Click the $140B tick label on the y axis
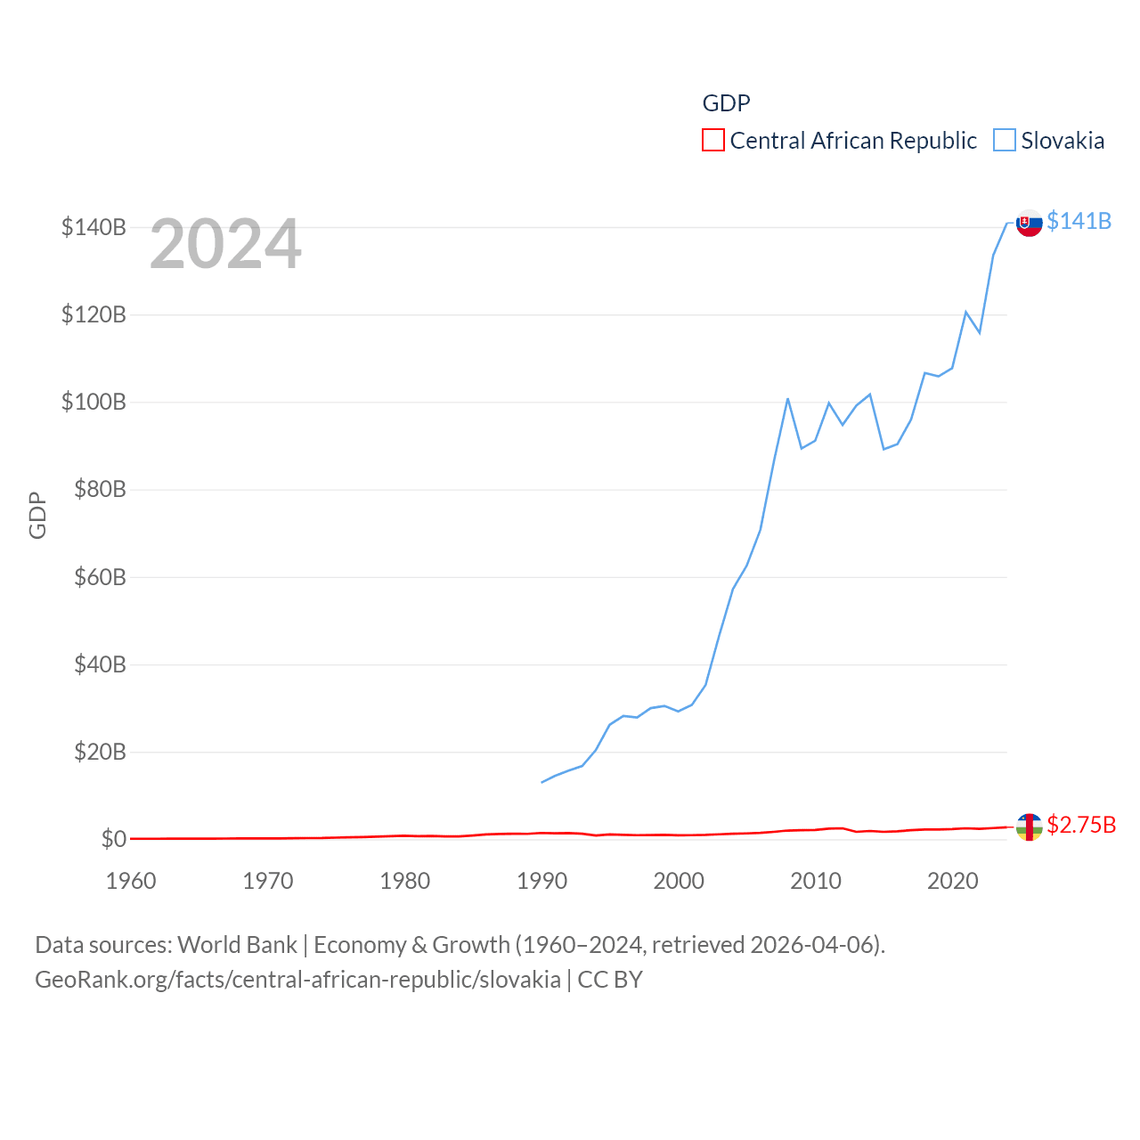(94, 227)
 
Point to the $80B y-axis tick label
(100, 489)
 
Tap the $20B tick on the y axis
(100, 752)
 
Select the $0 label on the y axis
(113, 839)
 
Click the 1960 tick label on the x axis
(131, 881)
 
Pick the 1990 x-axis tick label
(541, 881)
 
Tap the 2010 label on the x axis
(816, 881)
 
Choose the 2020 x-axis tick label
(953, 881)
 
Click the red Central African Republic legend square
(713, 141)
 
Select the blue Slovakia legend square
(1005, 141)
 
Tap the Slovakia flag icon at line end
(1030, 224)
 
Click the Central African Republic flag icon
(1030, 827)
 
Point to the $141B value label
(1079, 221)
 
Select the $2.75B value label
(1081, 825)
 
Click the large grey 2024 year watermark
(225, 244)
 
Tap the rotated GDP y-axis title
(37, 515)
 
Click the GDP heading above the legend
(726, 103)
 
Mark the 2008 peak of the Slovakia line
(788, 399)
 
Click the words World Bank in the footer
(238, 944)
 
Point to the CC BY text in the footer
(610, 980)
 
